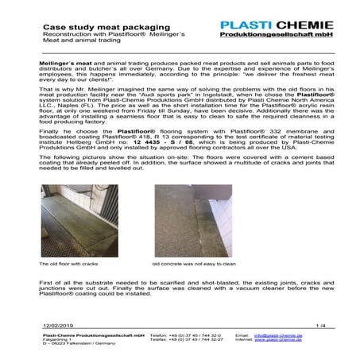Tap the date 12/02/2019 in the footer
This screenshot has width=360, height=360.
[x=58, y=325]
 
